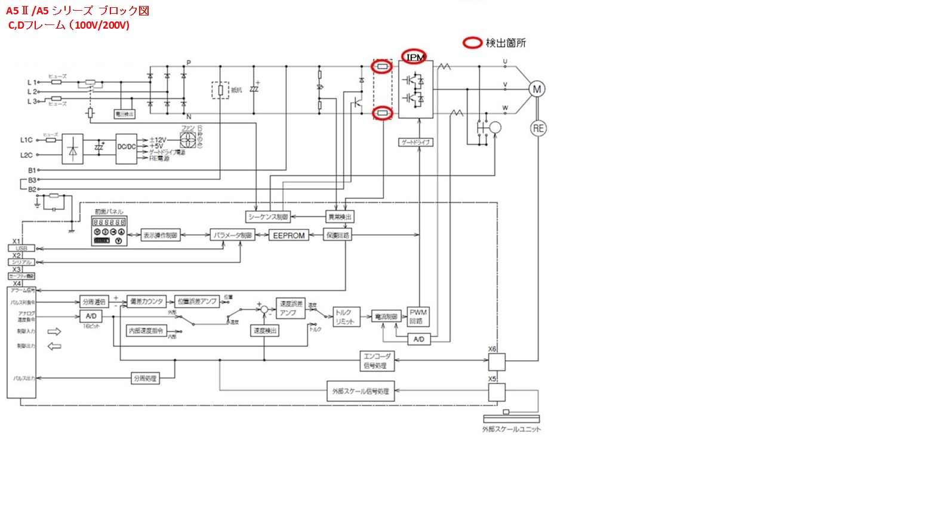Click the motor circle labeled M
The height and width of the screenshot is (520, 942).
tap(537, 90)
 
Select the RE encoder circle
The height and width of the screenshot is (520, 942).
tap(538, 128)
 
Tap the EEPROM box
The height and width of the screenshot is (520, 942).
tap(289, 235)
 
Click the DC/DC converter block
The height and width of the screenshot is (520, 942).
tap(126, 147)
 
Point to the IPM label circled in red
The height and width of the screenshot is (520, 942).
tap(414, 57)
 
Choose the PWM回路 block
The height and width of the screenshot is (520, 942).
tap(418, 316)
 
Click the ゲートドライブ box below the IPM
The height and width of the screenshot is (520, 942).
tap(415, 142)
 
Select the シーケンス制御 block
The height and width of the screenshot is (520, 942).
tap(268, 217)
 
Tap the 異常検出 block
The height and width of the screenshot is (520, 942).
tap(340, 217)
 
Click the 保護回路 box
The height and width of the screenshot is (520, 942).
tap(338, 235)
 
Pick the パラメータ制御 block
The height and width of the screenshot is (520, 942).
tap(233, 235)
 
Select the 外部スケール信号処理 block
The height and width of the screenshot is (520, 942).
tap(361, 392)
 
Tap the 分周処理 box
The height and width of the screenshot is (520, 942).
tap(145, 378)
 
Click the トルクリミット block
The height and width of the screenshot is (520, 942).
tap(345, 317)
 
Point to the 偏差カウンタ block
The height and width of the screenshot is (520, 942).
tap(146, 301)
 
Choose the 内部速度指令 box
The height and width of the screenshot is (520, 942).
tap(146, 330)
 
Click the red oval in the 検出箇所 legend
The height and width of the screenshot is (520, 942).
tap(473, 43)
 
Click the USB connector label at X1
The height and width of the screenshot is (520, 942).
tap(21, 248)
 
